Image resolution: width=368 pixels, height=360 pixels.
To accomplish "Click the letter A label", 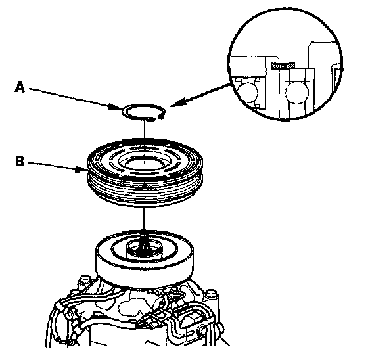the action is click(20, 87).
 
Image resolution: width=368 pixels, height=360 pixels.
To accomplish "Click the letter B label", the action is click(20, 162).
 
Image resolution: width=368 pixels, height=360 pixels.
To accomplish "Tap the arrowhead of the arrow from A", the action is click(116, 108).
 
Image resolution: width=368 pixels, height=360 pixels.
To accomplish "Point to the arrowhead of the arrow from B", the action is click(81, 169).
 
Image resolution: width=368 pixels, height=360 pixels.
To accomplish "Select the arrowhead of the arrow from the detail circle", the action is click(177, 103).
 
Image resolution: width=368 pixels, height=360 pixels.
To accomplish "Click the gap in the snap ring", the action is click(158, 118).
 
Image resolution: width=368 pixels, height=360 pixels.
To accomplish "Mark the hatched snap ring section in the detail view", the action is click(283, 66).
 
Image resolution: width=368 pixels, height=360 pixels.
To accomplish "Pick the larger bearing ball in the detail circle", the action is click(297, 92).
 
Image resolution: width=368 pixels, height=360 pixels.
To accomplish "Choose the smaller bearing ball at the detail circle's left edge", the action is click(247, 93).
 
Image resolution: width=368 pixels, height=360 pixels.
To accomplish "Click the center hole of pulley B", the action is click(144, 164).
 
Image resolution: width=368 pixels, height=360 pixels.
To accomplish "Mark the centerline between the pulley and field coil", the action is click(144, 219).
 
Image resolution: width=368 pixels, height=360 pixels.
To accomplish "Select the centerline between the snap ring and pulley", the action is click(145, 129).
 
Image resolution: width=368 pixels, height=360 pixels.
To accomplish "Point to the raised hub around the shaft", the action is click(144, 250).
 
